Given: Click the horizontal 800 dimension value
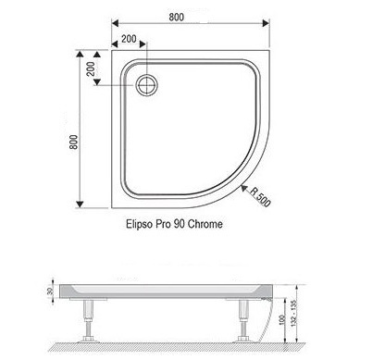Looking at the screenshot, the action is tap(176, 17).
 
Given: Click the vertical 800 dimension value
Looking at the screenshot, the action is tap(74, 142).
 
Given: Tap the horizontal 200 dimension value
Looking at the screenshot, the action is tap(129, 39).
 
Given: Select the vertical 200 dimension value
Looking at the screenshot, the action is tap(91, 69).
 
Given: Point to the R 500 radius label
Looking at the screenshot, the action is tap(260, 196).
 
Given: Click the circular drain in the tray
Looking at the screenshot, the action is tap(147, 85).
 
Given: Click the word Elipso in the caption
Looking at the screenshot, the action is tap(139, 224).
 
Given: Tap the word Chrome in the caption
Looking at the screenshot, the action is tap(205, 224).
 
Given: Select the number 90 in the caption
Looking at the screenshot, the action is tap(180, 224).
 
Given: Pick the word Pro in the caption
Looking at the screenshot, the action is tap(163, 224).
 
